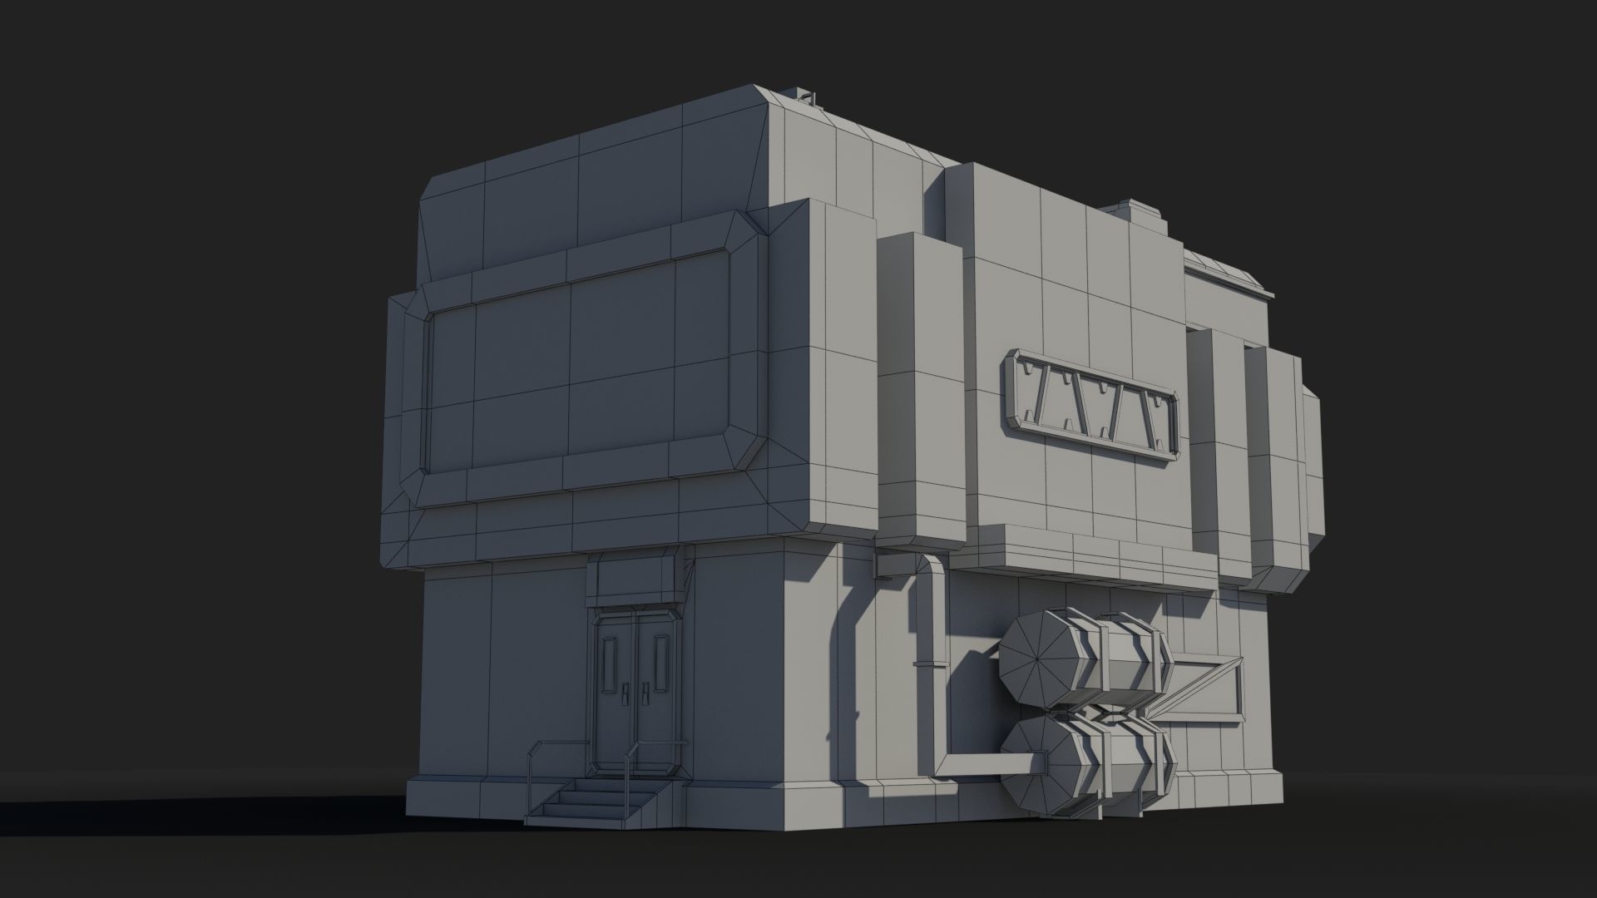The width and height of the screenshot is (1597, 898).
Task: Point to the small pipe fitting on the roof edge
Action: pyautogui.click(x=225, y=98)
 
